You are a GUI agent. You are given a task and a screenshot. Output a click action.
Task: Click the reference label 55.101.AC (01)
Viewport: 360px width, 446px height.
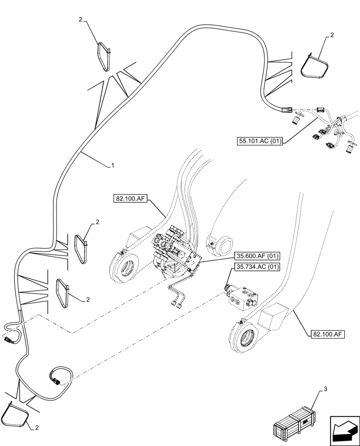pyautogui.click(x=260, y=142)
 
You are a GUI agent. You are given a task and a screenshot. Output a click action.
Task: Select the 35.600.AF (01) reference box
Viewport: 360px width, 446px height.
pyautogui.click(x=256, y=256)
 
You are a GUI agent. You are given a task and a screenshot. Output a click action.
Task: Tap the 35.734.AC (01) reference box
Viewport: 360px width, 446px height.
pyautogui.click(x=256, y=268)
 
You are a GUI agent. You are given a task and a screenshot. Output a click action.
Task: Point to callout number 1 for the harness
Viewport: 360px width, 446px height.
pyautogui.click(x=113, y=165)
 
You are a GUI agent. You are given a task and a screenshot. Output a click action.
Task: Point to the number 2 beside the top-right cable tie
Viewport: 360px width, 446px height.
pyautogui.click(x=332, y=35)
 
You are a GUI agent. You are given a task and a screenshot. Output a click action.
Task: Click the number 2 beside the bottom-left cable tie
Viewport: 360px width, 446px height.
pyautogui.click(x=37, y=428)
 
